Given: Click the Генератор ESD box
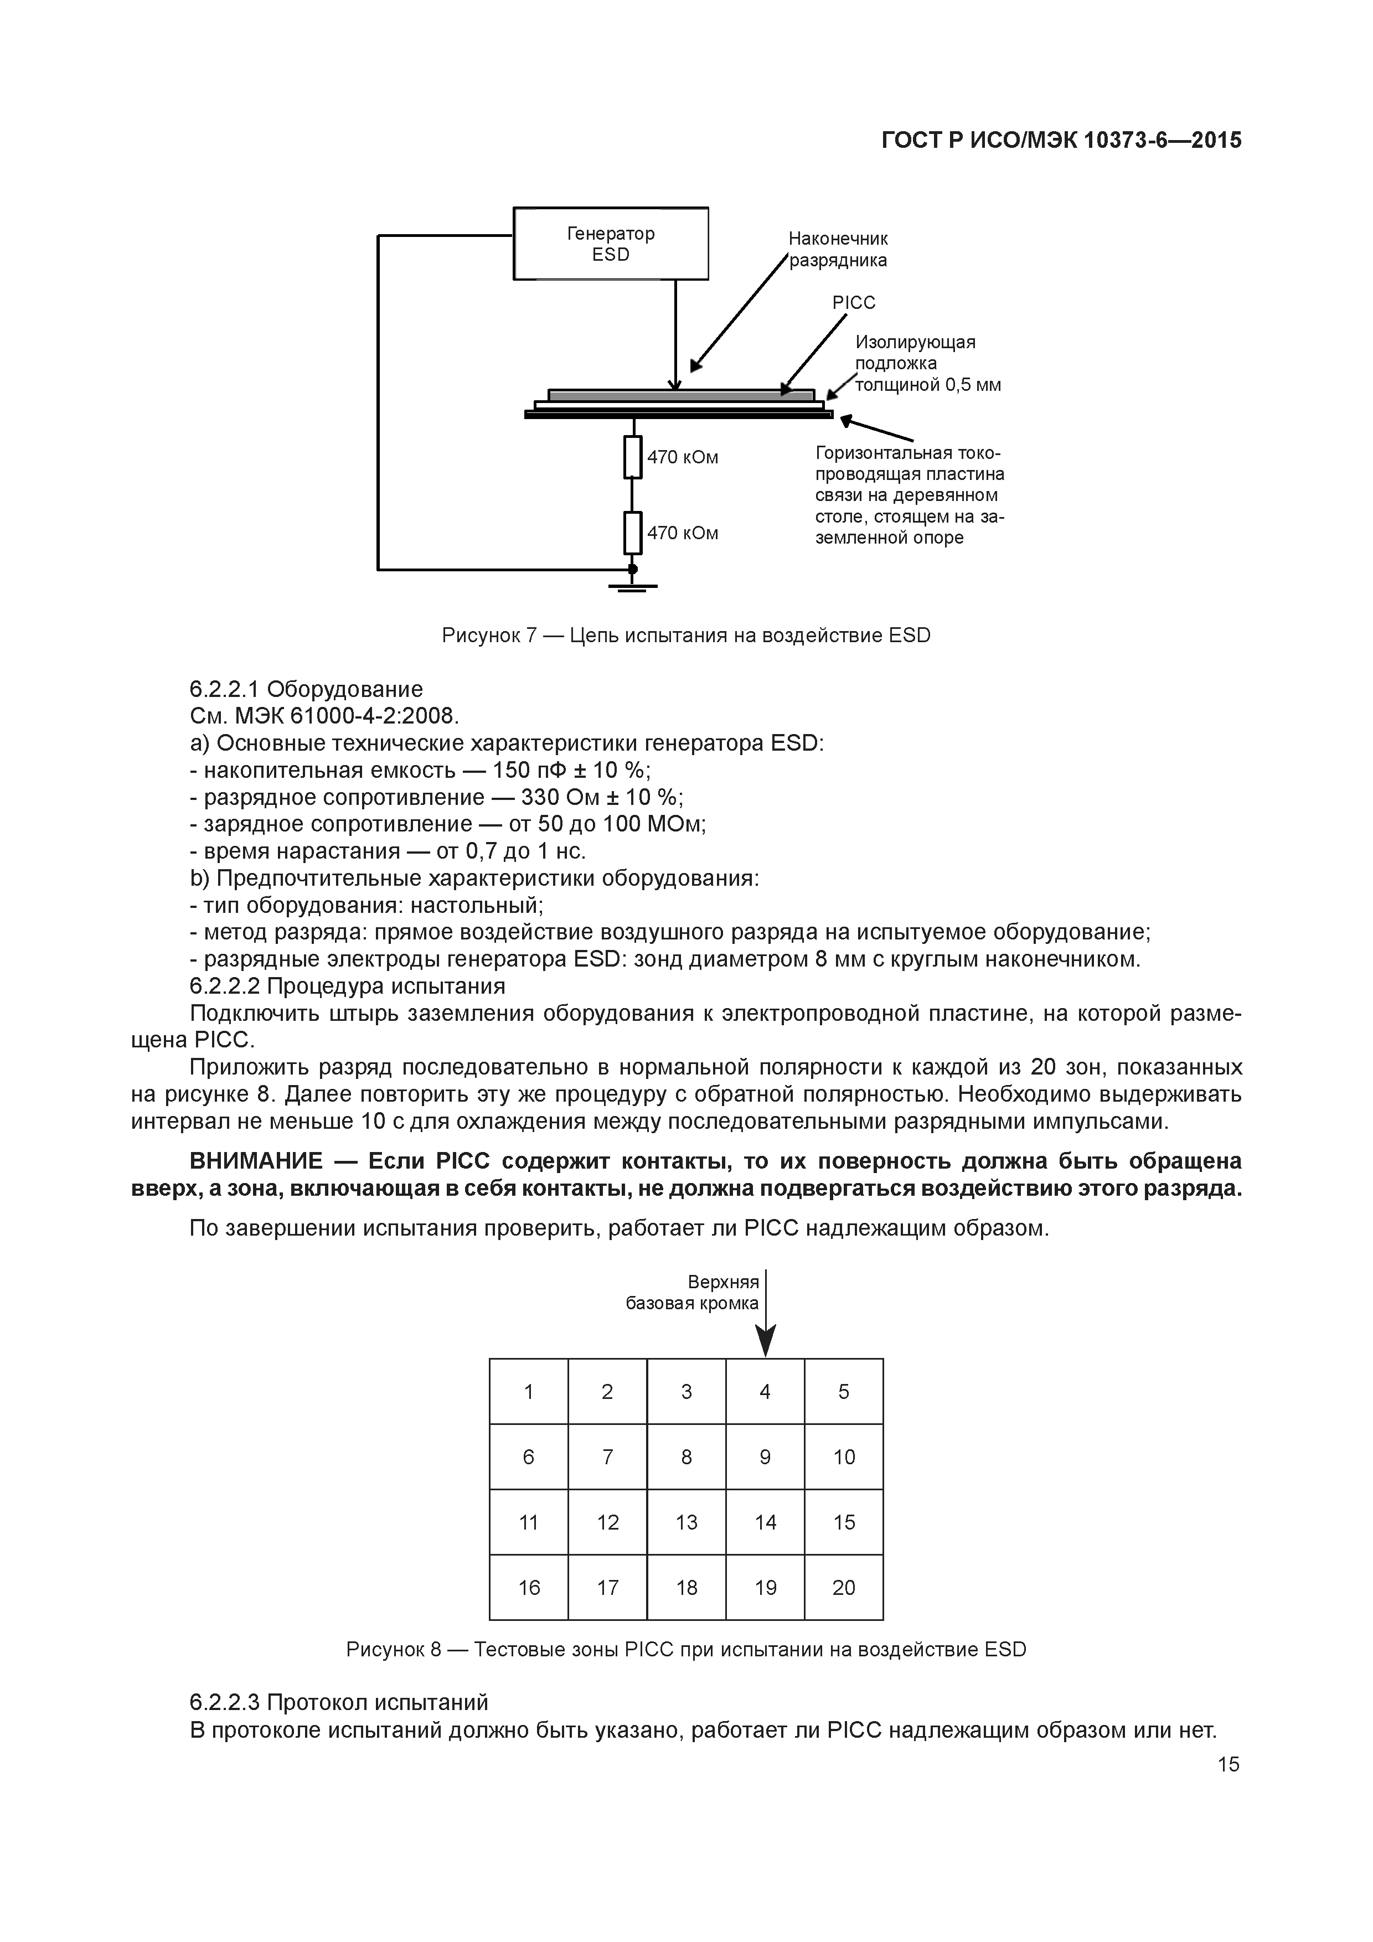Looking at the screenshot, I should pyautogui.click(x=610, y=244).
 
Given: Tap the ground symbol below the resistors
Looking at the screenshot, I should pyautogui.click(x=632, y=585).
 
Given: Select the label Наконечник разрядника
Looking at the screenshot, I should pyautogui.click(x=838, y=250).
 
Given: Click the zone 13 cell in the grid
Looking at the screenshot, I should pyautogui.click(x=686, y=1522).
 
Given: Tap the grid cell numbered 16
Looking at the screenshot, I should pyautogui.click(x=529, y=1588).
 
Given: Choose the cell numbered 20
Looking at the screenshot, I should pyautogui.click(x=843, y=1588).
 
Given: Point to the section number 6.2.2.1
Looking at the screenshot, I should pyautogui.click(x=225, y=689).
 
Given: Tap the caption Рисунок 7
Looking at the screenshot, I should pyautogui.click(x=489, y=635).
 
